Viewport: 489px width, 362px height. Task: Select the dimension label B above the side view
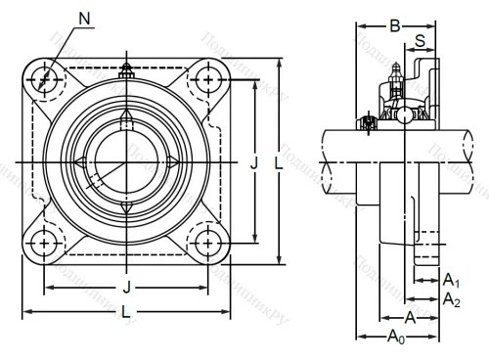395,26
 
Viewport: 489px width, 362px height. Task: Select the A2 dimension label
451,299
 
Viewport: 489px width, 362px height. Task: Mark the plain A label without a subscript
411,317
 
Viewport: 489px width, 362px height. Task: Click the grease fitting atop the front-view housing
125,72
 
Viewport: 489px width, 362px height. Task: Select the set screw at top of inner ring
125,119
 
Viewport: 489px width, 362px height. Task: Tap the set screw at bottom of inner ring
125,204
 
